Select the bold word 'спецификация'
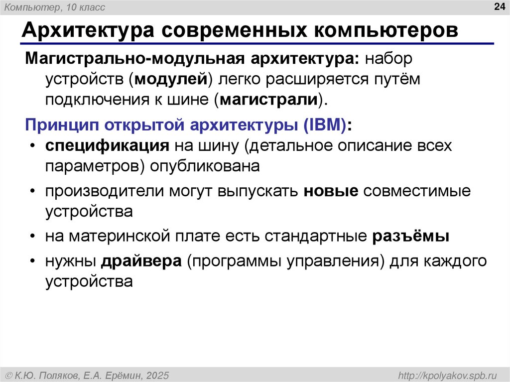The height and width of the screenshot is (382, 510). (106, 146)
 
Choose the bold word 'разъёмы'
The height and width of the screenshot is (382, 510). (411, 236)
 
